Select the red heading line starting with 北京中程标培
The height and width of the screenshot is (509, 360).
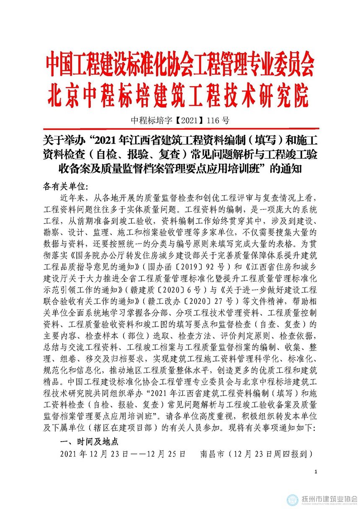click(178, 96)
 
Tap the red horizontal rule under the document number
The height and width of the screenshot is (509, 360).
click(180, 129)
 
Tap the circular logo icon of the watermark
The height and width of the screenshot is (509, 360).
click(293, 499)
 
